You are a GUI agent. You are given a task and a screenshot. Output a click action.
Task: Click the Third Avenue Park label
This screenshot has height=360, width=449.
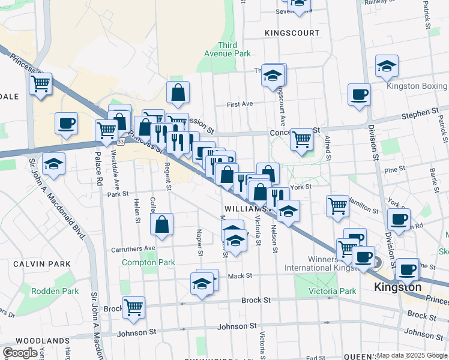[234, 49]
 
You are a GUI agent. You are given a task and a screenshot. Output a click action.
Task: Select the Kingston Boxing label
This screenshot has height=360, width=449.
[417, 86]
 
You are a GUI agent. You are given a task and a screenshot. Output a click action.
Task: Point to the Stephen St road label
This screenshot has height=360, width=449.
[420, 112]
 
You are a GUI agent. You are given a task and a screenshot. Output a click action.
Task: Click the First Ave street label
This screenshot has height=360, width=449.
[240, 104]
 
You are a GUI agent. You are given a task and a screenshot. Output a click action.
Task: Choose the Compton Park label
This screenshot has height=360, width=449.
[148, 262]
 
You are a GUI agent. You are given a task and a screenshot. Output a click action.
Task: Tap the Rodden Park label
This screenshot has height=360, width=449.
[54, 291]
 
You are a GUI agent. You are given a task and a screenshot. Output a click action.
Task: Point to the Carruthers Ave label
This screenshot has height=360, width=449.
[133, 248]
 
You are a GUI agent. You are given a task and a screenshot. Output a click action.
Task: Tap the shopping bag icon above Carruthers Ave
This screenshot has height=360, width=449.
[162, 226]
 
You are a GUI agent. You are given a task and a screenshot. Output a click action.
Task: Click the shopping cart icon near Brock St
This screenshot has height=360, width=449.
[134, 307]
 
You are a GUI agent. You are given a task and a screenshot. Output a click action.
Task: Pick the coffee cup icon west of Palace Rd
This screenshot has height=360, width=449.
[66, 124]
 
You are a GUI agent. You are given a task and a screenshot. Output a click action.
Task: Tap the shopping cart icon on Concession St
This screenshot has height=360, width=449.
[301, 139]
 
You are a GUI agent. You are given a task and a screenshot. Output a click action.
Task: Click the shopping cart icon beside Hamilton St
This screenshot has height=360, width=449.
[337, 206]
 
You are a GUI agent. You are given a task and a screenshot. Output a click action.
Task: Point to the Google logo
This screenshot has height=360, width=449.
[19, 353]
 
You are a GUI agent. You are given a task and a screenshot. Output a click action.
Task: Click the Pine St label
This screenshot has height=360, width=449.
[394, 170]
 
